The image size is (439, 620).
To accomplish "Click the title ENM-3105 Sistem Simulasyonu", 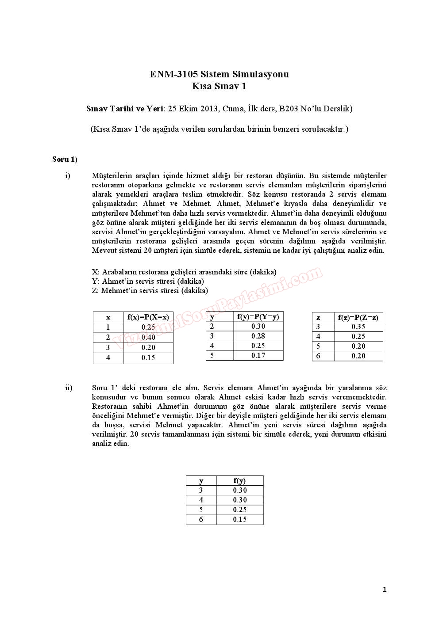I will (x=219, y=74).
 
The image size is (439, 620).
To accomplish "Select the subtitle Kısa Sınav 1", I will (x=219, y=86).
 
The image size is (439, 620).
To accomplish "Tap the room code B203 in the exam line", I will (x=289, y=109).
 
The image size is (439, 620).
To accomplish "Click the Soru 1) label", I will (x=65, y=160).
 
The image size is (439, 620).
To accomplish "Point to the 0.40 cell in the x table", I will (x=148, y=337).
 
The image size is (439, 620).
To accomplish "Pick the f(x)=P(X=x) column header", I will (x=148, y=317).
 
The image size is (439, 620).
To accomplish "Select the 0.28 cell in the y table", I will (x=258, y=336).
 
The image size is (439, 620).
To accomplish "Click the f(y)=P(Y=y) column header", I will (x=258, y=316).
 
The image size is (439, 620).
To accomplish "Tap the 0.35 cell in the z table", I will (x=358, y=327).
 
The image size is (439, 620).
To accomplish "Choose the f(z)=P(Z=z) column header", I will (x=358, y=317).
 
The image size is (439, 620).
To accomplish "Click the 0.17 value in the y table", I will (x=258, y=355).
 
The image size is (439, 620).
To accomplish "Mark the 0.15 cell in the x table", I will (x=148, y=358).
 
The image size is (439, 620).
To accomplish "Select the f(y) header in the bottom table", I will (x=239, y=481).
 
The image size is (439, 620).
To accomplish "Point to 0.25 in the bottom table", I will (x=240, y=510).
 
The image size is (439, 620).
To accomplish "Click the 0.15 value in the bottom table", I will (x=240, y=520).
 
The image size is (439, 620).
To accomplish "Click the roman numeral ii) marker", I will (x=69, y=388).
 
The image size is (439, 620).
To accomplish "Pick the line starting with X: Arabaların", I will (x=184, y=272).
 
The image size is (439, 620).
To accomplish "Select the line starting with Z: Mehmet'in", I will (x=150, y=291).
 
